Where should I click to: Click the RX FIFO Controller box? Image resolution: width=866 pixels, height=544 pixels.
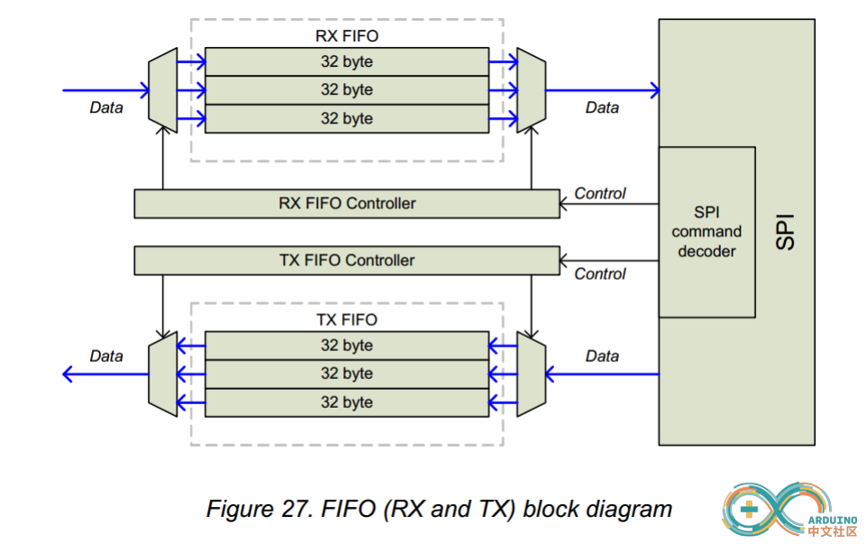tap(346, 204)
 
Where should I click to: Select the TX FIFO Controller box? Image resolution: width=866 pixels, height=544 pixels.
tap(346, 261)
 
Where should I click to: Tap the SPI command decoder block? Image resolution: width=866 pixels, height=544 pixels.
tap(706, 232)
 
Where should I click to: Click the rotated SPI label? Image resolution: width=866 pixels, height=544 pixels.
tap(785, 232)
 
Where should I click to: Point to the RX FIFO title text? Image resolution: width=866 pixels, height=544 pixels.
tap(346, 36)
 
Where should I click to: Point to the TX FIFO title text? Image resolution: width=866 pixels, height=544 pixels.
tap(346, 319)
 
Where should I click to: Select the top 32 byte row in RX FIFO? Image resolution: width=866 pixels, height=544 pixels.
tap(346, 62)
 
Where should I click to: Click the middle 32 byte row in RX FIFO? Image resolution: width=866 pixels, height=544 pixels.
tap(346, 90)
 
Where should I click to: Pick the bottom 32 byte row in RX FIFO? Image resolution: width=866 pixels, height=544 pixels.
tap(346, 118)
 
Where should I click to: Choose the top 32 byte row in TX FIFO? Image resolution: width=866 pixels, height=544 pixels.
tap(346, 346)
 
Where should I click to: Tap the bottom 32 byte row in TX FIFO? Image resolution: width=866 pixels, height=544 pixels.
tap(346, 402)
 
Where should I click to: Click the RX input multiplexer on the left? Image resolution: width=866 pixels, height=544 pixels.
tap(162, 90)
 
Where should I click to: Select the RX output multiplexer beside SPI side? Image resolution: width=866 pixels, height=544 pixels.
tap(531, 90)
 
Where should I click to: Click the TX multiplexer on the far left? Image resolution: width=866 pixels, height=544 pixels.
tap(162, 373)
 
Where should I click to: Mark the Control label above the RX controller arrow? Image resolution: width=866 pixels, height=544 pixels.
tap(599, 193)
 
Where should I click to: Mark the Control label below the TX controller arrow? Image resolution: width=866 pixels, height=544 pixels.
tap(599, 274)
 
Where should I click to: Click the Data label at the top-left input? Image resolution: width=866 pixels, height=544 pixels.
tap(106, 107)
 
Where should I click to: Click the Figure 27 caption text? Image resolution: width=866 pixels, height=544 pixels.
tap(439, 509)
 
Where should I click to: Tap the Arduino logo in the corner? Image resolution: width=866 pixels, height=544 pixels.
tap(789, 511)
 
